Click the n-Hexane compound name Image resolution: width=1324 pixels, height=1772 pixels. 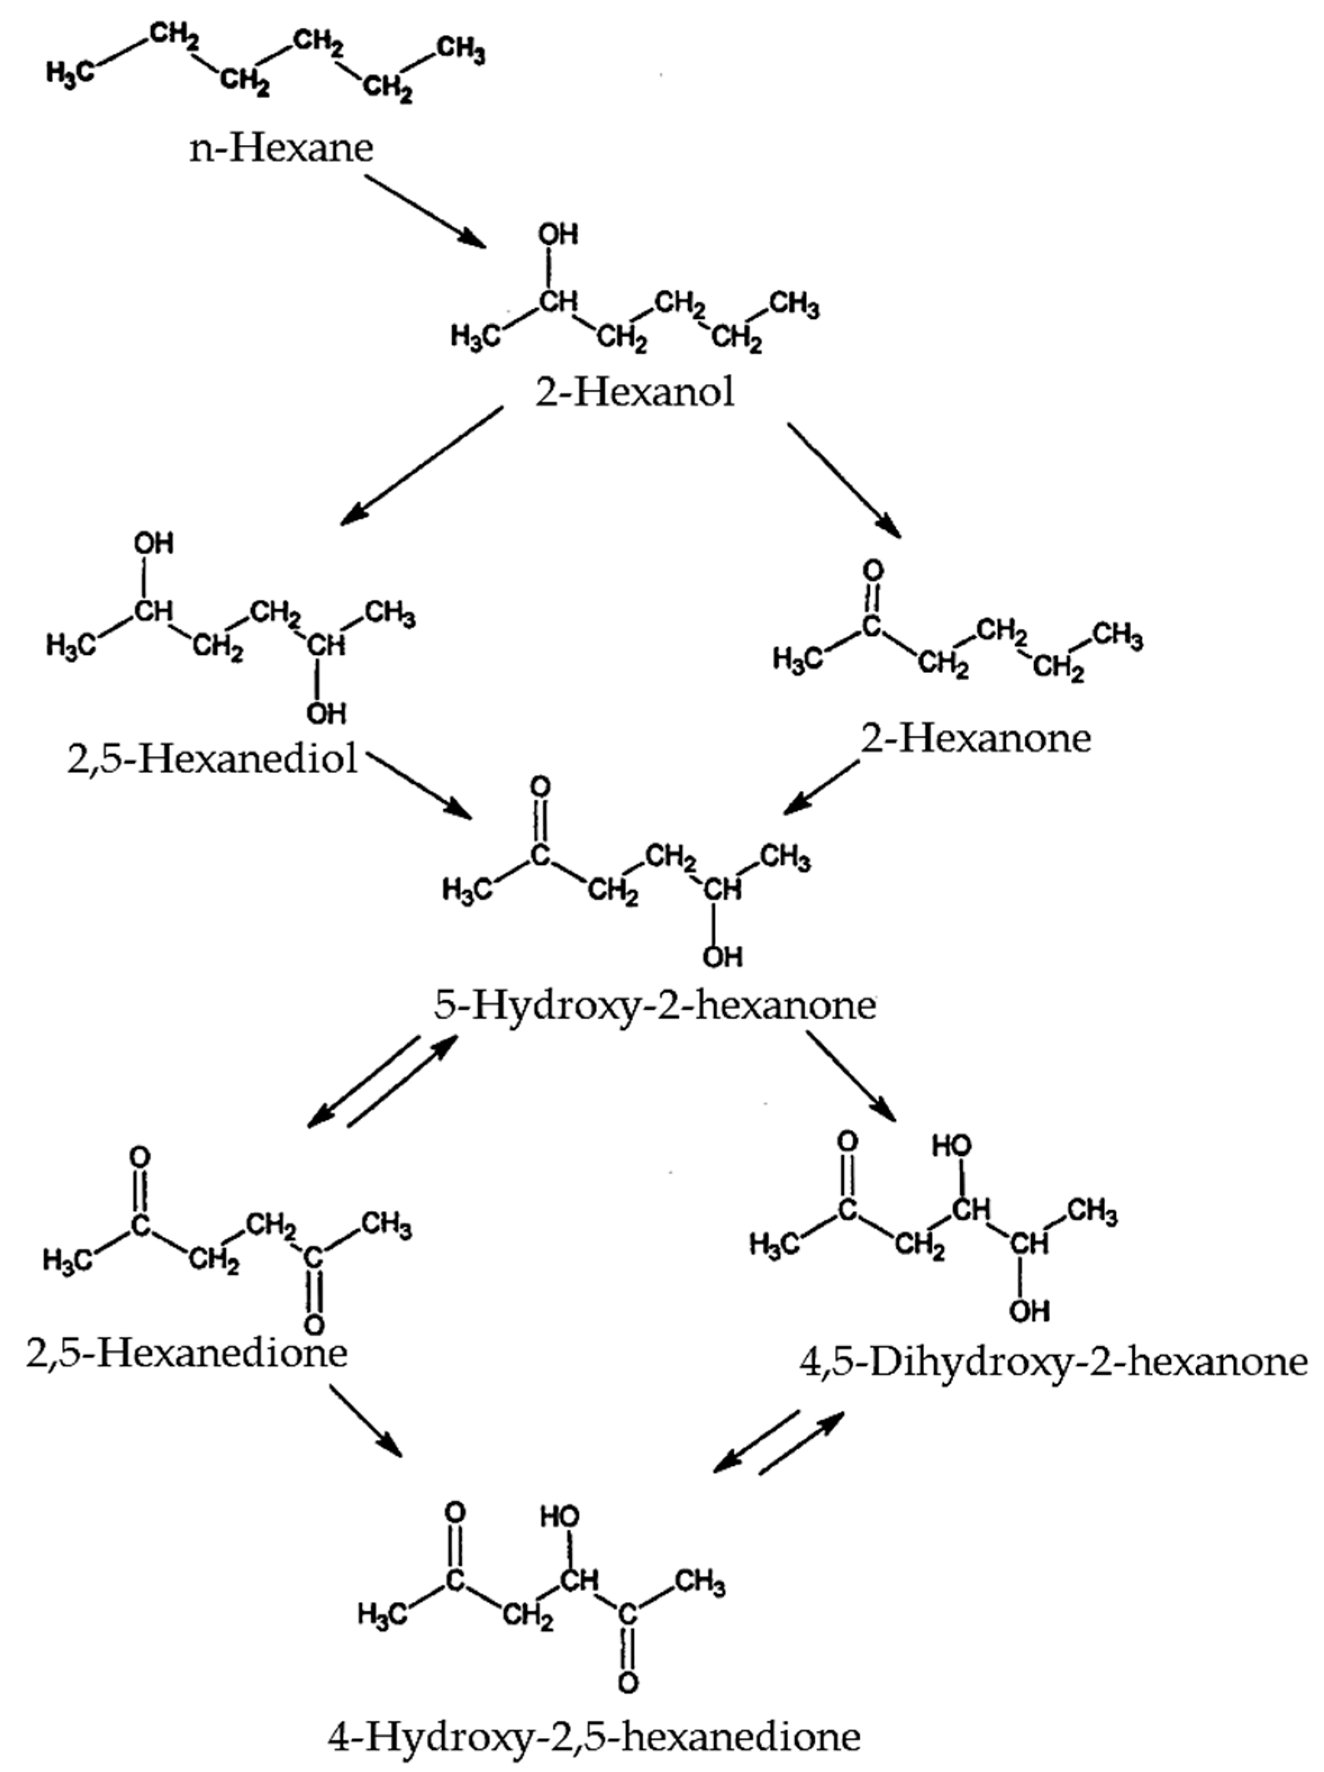pos(281,148)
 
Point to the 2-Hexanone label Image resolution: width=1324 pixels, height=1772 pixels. pos(976,737)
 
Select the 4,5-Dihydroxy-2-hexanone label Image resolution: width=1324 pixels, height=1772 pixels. pos(1054,1361)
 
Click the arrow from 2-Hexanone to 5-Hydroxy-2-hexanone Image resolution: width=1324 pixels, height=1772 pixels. pos(822,787)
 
